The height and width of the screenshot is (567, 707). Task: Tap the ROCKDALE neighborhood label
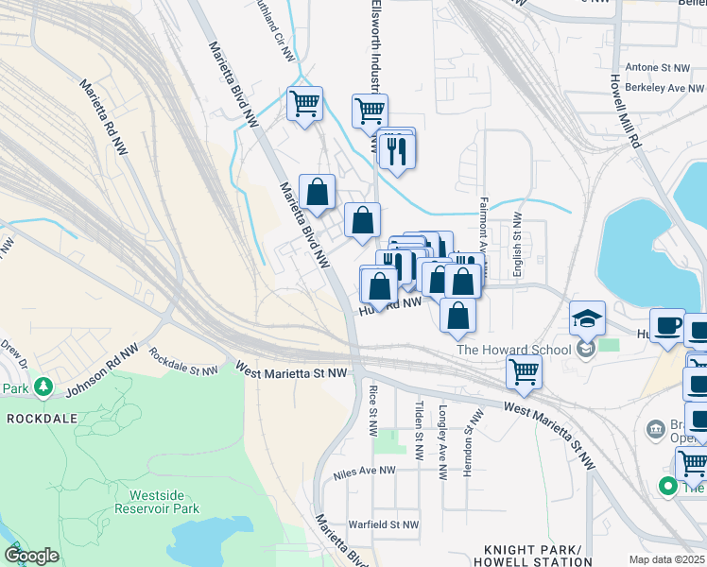point(39,417)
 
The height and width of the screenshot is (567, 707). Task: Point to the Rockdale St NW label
point(185,362)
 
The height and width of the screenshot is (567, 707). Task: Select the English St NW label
point(517,245)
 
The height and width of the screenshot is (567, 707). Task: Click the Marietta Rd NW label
point(105,116)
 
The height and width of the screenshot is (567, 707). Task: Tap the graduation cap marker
point(587,319)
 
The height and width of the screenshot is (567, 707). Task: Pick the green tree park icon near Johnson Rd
point(43,387)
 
